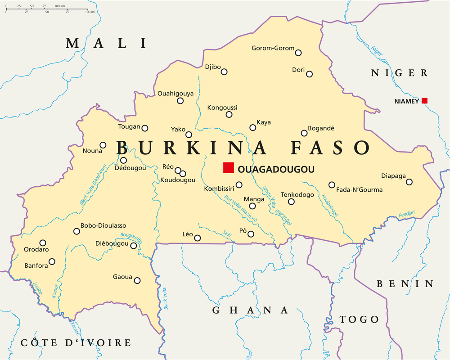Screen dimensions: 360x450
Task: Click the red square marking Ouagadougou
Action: point(229,167)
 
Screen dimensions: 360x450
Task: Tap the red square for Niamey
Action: point(424,100)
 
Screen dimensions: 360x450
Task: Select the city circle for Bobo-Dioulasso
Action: point(76,231)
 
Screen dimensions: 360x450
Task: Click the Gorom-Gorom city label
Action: point(273,48)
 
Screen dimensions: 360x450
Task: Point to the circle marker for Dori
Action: point(309,74)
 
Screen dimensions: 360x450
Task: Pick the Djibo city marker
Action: point(224,72)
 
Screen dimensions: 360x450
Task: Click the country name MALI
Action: point(106,43)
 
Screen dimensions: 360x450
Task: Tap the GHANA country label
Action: point(250,310)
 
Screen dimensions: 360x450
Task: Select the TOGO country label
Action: point(359,319)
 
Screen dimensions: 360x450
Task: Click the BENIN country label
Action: point(405,283)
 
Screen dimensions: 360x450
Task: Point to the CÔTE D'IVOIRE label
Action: point(76,343)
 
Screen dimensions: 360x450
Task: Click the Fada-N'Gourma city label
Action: point(359,189)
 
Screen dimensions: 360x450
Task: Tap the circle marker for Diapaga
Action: point(409,182)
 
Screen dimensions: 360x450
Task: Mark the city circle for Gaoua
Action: point(137,280)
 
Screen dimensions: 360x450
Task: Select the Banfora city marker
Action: point(52,261)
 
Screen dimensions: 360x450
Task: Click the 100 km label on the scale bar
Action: point(60,6)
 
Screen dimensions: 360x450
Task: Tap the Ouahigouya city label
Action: point(175,94)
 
